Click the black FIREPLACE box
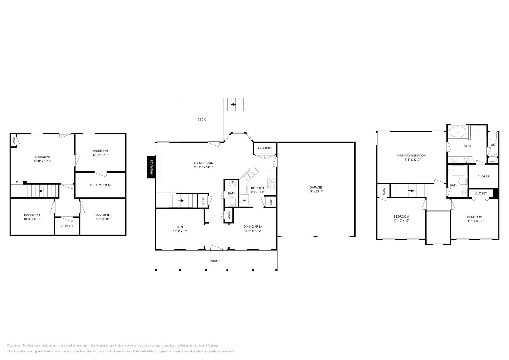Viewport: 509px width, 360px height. click(151, 167)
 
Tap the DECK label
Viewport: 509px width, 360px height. click(201, 119)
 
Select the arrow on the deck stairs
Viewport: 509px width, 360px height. click(234, 104)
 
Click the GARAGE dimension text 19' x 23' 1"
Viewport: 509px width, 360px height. click(316, 191)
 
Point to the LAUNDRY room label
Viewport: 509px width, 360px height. click(265, 149)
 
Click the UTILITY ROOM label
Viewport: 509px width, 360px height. click(100, 185)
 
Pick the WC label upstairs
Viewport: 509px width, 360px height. click(493, 145)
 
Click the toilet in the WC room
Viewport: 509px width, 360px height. click(493, 137)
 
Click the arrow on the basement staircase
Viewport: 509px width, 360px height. click(40, 191)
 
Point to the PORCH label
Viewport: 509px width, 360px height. click(215, 261)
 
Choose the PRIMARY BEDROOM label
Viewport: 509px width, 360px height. click(412, 156)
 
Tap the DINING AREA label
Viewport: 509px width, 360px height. click(253, 227)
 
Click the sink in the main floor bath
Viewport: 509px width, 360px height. click(233, 183)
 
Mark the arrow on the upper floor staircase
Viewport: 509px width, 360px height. click(411, 191)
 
